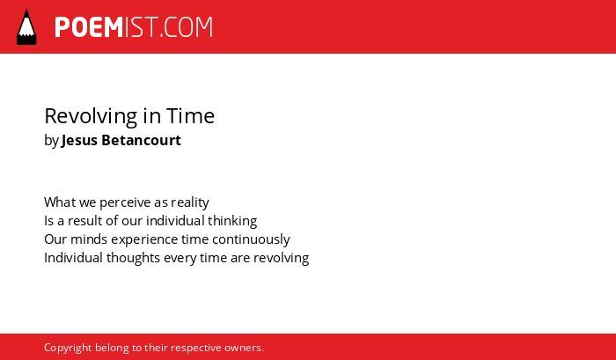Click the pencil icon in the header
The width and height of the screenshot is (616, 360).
[26, 26]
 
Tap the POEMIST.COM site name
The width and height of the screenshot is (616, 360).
[134, 27]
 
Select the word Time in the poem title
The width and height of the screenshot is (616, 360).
[191, 115]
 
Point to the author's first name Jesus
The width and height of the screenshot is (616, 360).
[79, 140]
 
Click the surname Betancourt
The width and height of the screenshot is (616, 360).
[142, 140]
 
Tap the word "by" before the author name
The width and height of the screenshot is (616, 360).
[51, 141]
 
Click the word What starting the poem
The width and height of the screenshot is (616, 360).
[60, 202]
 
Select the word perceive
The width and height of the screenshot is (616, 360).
[125, 202]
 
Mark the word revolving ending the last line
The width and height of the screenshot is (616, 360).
[282, 258]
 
